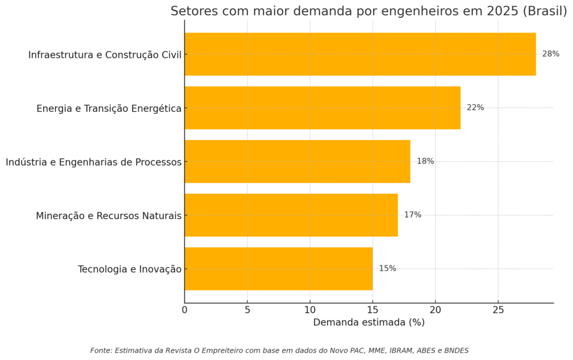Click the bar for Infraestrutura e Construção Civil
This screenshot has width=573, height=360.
360,54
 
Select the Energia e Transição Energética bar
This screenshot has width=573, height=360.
322,107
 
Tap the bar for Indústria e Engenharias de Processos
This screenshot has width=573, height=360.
297,161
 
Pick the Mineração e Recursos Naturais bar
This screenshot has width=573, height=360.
291,215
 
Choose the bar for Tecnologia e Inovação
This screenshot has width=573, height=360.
278,269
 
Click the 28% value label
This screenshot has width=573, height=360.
551,54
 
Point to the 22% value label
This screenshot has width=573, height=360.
475,107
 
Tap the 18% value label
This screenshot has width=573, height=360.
425,161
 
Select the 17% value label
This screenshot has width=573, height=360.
412,215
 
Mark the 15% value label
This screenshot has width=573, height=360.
387,269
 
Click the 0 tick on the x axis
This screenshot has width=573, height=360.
185,310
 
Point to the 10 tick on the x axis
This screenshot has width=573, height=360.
310,310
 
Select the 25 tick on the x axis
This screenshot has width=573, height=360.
498,310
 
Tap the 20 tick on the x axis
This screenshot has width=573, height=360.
435,310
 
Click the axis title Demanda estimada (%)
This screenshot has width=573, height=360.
369,322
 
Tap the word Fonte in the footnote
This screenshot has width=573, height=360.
101,350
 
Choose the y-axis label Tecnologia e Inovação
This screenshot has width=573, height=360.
130,269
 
